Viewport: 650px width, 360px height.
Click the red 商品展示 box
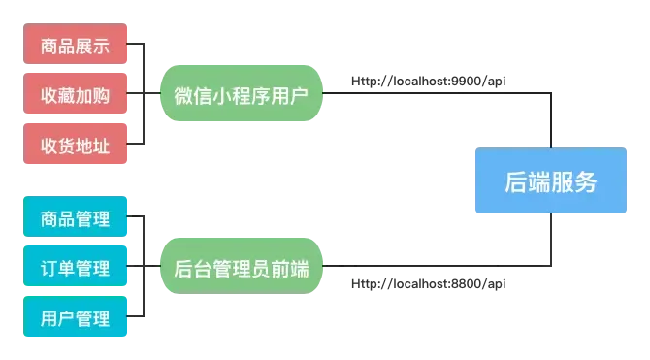(76, 46)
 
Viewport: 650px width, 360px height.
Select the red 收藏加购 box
(76, 95)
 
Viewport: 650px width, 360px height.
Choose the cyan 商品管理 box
(76, 217)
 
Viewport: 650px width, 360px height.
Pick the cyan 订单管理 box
(76, 267)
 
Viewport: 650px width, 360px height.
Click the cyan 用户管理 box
(76, 316)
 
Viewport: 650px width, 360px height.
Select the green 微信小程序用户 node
(243, 95)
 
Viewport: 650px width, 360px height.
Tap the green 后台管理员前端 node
(243, 268)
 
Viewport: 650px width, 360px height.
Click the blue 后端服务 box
(551, 181)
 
